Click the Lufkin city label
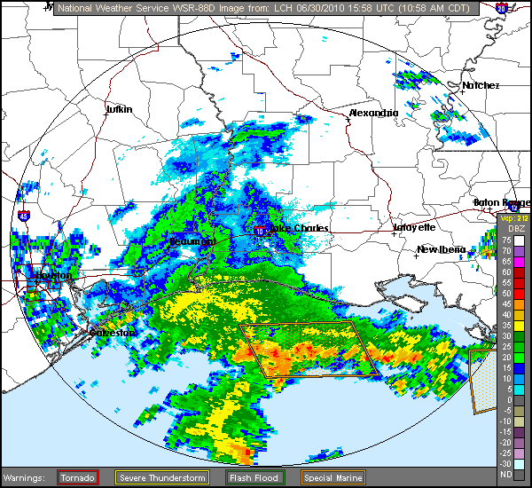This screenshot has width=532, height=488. [119, 109]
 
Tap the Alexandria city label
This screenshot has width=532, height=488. [372, 114]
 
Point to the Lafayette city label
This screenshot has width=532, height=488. [414, 227]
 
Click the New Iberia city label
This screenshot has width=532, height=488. [441, 249]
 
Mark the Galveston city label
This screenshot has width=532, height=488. [113, 333]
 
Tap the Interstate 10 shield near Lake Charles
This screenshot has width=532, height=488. [259, 231]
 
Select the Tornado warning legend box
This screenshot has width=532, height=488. [78, 477]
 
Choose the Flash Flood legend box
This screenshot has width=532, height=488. [249, 477]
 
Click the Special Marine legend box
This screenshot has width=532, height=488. [330, 477]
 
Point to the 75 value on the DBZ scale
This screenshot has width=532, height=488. [505, 240]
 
